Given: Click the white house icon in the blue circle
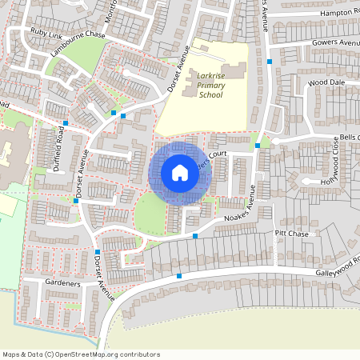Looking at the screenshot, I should (180, 172).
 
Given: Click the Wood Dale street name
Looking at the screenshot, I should (326, 82).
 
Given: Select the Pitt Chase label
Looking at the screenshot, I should (291, 234).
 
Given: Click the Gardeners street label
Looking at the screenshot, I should (62, 284).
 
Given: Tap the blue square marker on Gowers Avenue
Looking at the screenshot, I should (270, 61).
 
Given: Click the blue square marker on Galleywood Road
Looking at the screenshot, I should (179, 275).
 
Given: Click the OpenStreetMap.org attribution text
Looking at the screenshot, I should (104, 354).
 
